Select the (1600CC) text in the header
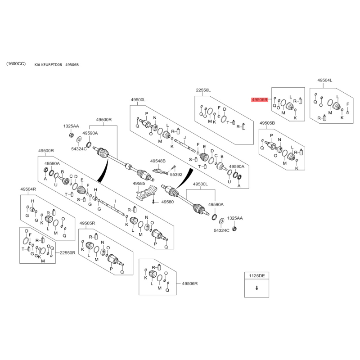16,64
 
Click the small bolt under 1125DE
256,288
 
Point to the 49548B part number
158,161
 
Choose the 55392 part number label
176,174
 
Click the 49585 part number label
139,184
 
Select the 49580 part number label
167,202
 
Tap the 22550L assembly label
203,90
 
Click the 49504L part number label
324,80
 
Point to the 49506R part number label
190,283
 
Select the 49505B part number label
267,122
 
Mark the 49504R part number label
28,189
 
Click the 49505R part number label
87,224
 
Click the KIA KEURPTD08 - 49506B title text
57,65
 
